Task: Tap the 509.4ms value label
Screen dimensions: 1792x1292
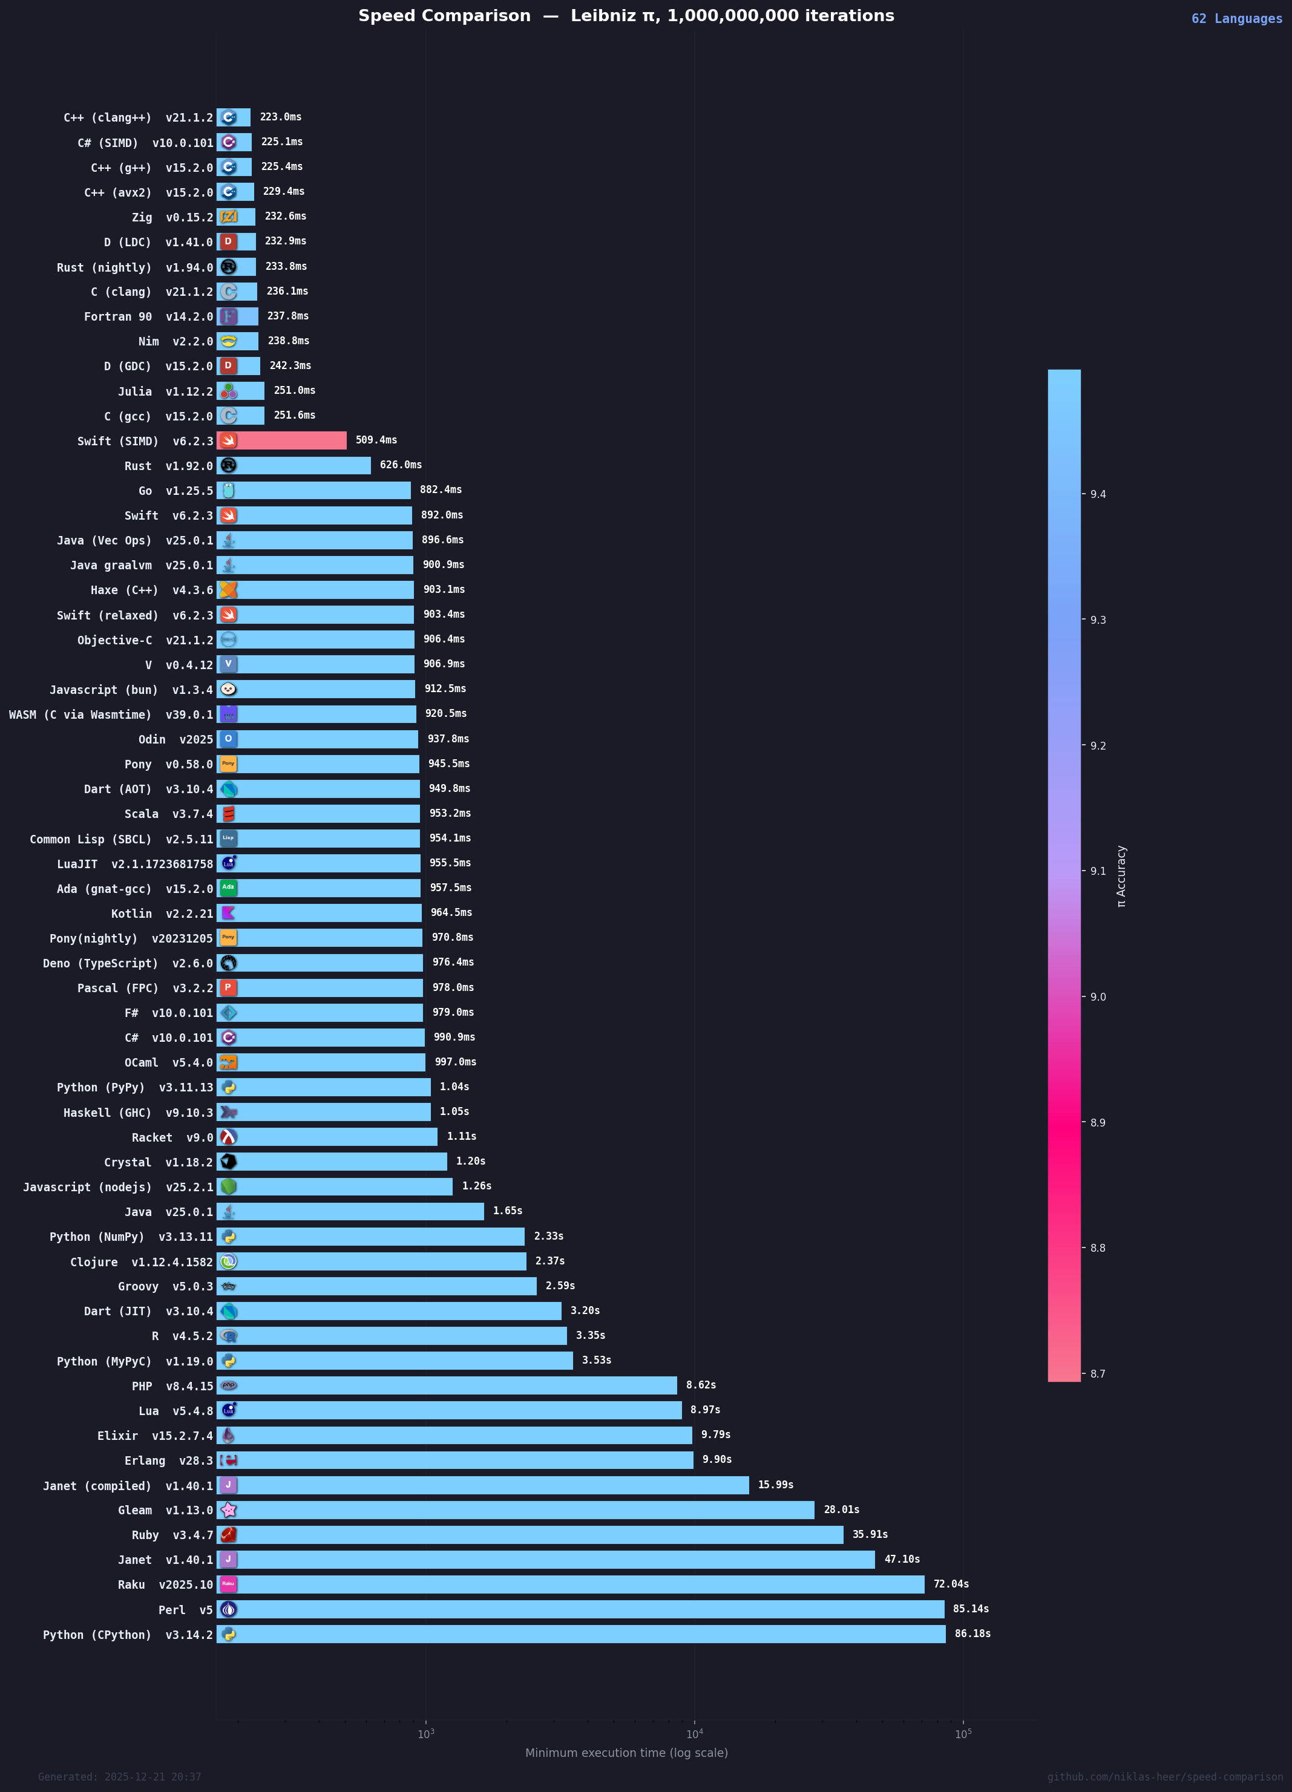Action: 376,440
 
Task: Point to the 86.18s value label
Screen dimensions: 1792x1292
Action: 972,1633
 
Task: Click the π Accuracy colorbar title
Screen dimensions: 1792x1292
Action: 1121,876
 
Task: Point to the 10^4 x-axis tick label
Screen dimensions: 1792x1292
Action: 694,1735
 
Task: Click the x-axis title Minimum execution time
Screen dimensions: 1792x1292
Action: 626,1753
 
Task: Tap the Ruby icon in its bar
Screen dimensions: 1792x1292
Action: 228,1534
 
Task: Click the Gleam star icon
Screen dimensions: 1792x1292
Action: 228,1510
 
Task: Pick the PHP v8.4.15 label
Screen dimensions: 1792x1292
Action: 172,1386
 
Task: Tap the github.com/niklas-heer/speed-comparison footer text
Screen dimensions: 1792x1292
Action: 1165,1777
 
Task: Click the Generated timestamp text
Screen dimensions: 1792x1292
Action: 119,1777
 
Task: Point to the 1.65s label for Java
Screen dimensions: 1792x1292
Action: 507,1211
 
